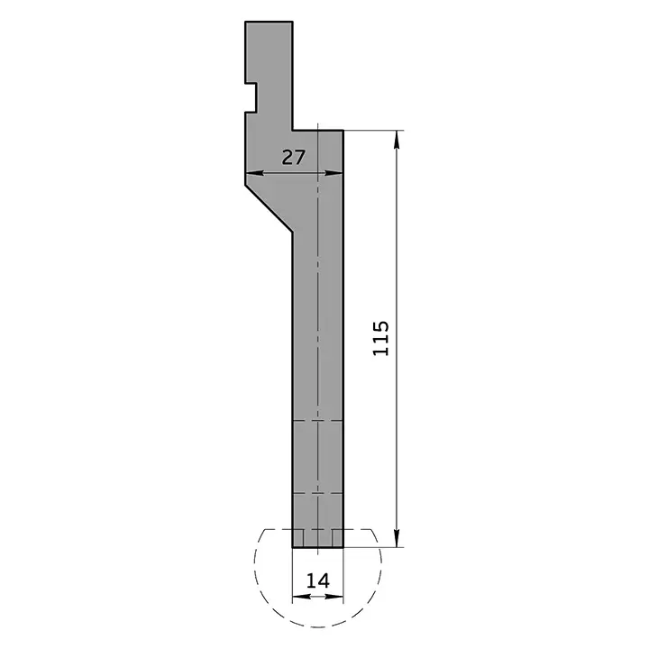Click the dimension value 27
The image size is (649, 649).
pos(294,158)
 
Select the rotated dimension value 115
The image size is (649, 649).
pos(380,337)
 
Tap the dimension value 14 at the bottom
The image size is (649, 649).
pos(317,580)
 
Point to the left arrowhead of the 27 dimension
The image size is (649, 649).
pos(251,174)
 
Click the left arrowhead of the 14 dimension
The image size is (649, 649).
pos(297,597)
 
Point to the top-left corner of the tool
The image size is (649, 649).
pos(246,21)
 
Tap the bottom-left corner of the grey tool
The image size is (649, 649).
pos(293,547)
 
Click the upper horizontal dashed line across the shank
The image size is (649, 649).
pos(318,421)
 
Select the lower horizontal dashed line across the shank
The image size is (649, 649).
pos(318,494)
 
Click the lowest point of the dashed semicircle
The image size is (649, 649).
pos(318,622)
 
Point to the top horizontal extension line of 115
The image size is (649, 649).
pos(374,130)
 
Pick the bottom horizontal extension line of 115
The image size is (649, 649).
pos(374,547)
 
